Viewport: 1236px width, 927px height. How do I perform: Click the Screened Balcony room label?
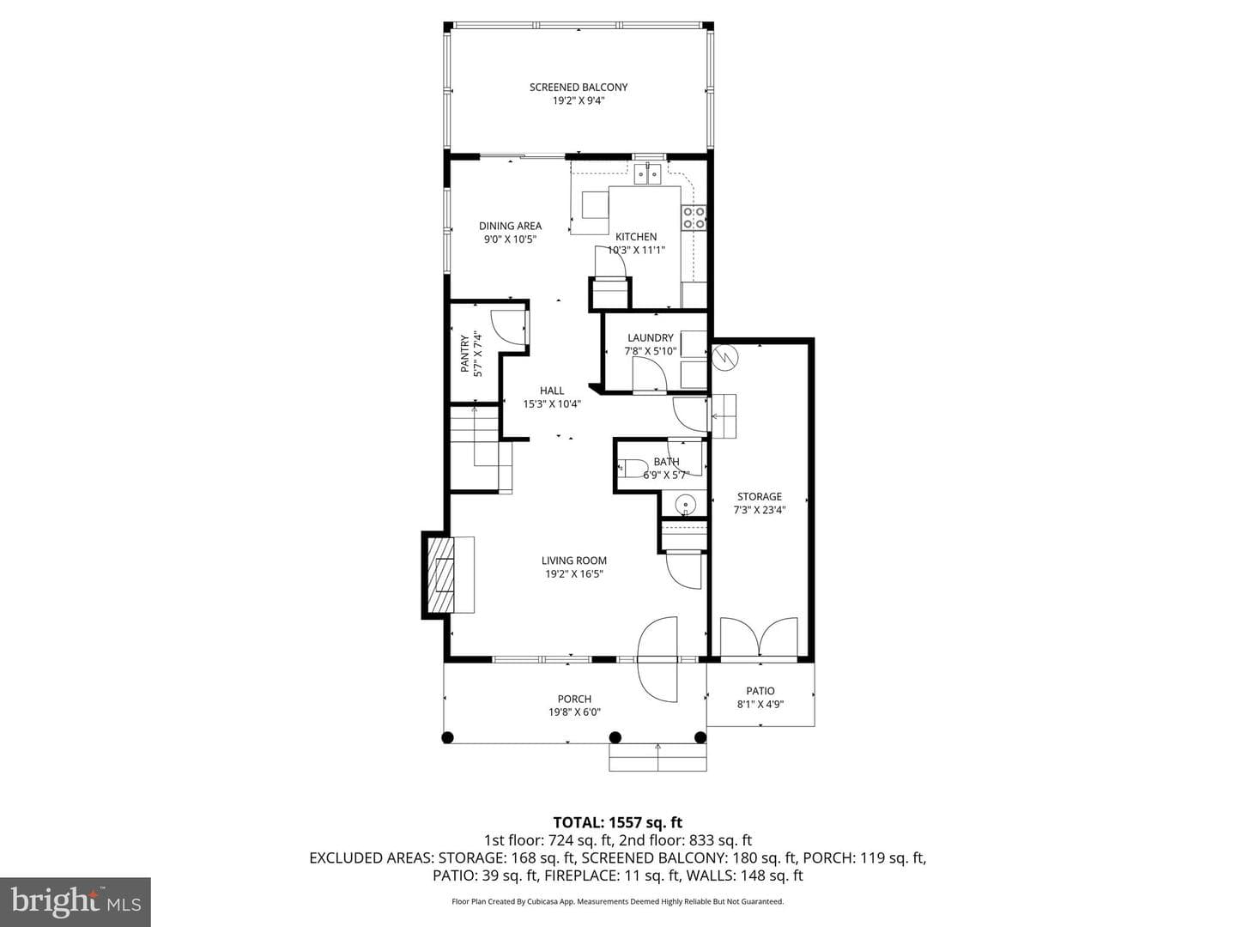point(579,88)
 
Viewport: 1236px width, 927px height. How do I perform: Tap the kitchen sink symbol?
point(647,174)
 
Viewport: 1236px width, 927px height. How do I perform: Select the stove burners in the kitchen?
point(694,218)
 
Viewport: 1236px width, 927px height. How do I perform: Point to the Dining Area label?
point(510,226)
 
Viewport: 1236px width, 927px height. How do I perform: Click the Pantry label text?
point(464,354)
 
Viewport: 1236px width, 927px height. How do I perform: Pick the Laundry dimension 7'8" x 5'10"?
point(651,351)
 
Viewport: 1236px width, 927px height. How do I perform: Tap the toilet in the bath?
point(632,468)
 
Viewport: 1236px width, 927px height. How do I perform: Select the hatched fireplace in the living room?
point(440,575)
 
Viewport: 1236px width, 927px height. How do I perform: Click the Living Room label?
point(574,560)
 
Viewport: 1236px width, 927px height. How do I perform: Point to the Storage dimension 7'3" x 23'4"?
point(759,510)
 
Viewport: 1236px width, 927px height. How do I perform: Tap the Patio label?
point(760,691)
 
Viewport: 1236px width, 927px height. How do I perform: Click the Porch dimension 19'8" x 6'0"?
point(574,712)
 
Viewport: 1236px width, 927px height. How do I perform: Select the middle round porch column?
point(615,736)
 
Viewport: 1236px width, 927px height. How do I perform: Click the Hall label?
point(552,390)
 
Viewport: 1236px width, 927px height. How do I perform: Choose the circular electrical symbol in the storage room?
point(723,357)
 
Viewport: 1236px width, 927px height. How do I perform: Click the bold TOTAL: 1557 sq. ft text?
point(618,822)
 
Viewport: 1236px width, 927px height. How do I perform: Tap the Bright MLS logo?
point(76,901)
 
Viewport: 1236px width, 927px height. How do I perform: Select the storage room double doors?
point(759,637)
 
